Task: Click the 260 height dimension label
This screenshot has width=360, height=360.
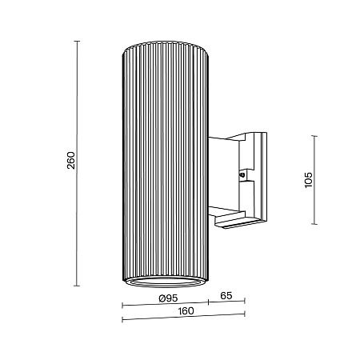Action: coord(70,162)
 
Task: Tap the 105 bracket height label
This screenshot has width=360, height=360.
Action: coord(309,178)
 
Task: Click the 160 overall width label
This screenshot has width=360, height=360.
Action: coord(186,312)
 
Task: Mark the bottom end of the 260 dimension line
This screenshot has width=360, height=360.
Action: coord(77,286)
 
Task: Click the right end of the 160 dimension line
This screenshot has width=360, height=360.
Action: coord(244,320)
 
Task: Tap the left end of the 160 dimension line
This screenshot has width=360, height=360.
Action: coord(122,320)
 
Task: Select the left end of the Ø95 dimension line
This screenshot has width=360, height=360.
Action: coord(122,304)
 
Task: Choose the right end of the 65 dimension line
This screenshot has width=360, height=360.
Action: coord(244,304)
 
